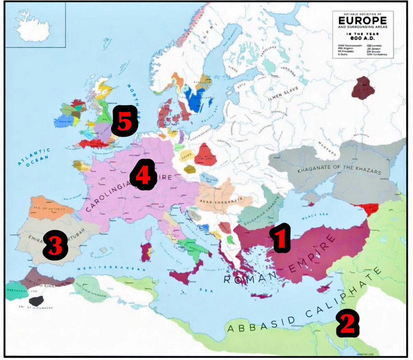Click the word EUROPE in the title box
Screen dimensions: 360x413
[362, 20]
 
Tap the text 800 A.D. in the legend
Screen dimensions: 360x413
[362, 38]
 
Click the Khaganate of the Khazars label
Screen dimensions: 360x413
[339, 169]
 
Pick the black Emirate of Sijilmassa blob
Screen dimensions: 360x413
[36, 300]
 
